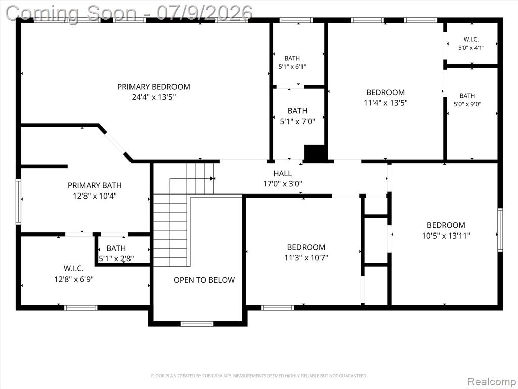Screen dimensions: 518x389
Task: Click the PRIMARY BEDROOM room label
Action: pos(154,87)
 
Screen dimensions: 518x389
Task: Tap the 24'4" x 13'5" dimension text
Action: pos(154,97)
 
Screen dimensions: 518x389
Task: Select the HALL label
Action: pos(282,173)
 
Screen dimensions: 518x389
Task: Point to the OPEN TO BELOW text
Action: pos(204,280)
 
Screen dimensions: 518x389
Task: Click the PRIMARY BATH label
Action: pos(95,185)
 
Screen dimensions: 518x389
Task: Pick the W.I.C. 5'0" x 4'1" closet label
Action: pos(471,44)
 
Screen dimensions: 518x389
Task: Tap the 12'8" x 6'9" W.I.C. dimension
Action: pos(74,279)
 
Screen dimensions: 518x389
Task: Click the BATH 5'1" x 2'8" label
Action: pos(116,253)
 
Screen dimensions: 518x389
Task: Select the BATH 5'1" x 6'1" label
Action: pos(292,62)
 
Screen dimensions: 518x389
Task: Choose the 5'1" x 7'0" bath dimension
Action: pos(297,122)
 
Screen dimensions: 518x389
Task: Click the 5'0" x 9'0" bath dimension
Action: pos(467,104)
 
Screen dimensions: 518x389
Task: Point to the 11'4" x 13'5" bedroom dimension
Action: pos(385,103)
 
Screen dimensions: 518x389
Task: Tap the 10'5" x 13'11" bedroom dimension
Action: pos(446,236)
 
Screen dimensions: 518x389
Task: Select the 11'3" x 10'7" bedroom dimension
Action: pos(306,258)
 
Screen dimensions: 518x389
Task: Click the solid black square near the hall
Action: pos(315,153)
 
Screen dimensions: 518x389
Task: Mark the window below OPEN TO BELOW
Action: pos(197,324)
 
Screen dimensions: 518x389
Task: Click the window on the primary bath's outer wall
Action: pos(19,202)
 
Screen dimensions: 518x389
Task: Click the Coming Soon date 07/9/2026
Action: pos(204,13)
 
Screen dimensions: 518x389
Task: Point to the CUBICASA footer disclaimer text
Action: pos(259,376)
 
